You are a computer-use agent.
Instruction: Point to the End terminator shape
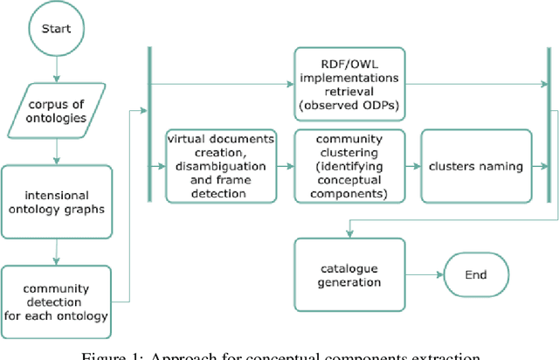point(475,274)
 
